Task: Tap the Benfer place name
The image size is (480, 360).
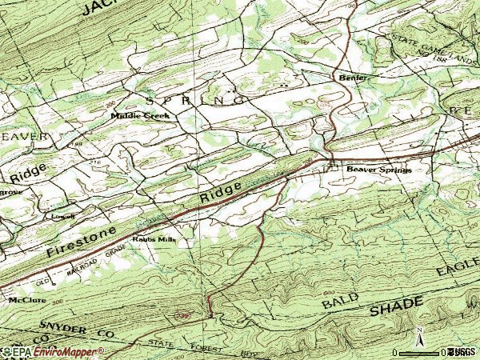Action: point(354,78)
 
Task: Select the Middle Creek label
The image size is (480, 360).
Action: point(140,116)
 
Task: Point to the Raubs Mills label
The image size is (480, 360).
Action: point(153,238)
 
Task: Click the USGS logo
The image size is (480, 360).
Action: point(461,352)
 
